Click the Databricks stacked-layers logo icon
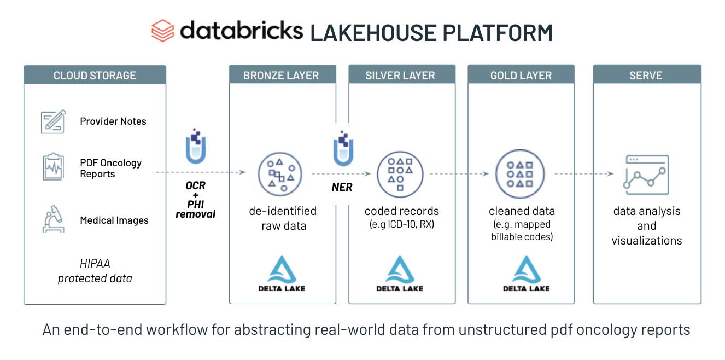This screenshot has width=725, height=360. (x=163, y=31)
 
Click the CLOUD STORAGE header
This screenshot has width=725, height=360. (x=95, y=76)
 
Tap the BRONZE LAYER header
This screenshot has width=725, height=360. (x=281, y=76)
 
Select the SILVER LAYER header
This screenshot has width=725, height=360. (x=400, y=76)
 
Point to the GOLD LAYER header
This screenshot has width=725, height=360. (x=521, y=76)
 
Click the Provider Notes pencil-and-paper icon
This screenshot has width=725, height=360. (x=53, y=121)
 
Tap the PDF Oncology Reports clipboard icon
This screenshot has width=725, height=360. (x=53, y=167)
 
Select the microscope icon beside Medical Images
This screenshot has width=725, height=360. (x=53, y=218)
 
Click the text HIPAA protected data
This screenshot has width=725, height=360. (x=95, y=271)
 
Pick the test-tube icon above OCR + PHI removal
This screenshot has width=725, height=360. (x=195, y=146)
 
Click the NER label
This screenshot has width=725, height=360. (x=342, y=187)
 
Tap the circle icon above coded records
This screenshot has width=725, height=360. (x=400, y=174)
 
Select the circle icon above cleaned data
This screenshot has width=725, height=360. (x=520, y=174)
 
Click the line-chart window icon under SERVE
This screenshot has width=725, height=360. (x=646, y=175)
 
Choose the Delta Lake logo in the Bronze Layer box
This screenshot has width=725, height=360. (x=282, y=273)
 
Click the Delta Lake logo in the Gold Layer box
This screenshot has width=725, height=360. (x=526, y=273)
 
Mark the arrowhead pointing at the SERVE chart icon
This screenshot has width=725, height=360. (x=611, y=174)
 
